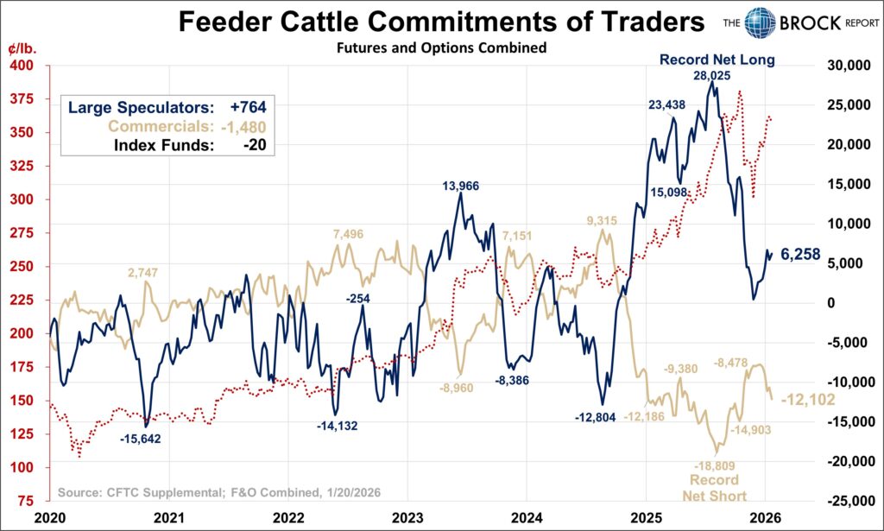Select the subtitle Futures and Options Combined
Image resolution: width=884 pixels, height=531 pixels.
pos(441,48)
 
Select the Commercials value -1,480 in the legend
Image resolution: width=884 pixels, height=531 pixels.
pos(246,127)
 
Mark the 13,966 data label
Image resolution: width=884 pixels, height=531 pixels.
pos(460,185)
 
